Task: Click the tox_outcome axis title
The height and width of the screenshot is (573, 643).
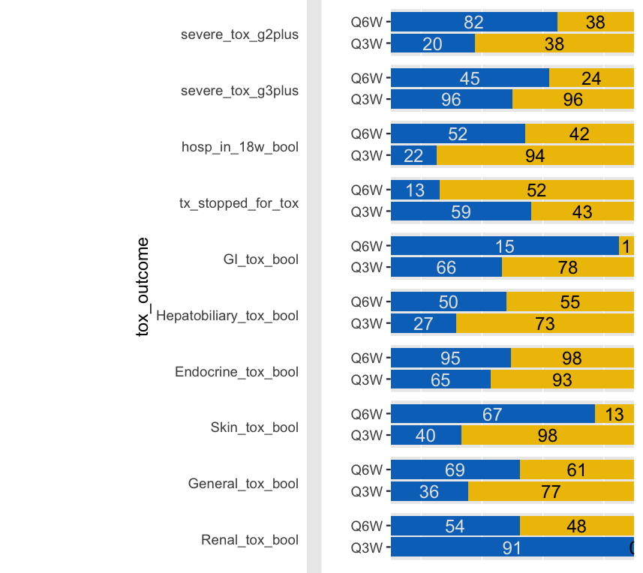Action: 143,286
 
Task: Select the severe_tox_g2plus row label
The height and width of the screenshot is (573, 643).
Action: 239,34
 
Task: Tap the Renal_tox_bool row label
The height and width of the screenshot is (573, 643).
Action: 250,540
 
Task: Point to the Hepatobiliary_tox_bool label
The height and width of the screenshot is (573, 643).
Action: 227,316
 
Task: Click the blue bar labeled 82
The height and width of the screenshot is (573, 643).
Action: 473,22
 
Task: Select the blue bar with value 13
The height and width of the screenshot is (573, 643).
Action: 415,190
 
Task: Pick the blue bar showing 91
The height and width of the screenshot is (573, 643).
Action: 511,548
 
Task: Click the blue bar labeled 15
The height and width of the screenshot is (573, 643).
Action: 504,246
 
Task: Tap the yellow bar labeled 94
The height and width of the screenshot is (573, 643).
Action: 535,156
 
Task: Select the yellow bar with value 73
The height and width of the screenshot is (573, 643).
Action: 545,324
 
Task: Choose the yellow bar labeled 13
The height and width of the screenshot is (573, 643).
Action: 614,415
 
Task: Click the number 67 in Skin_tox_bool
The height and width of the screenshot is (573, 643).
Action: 492,415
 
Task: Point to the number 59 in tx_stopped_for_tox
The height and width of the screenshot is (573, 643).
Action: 461,212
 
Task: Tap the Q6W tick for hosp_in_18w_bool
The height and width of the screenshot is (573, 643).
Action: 367,134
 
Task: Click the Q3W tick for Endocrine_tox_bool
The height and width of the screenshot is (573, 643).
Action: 367,380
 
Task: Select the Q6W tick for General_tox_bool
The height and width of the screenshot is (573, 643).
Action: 367,470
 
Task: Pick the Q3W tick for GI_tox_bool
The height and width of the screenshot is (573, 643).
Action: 367,268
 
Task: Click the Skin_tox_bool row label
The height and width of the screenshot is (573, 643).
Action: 254,427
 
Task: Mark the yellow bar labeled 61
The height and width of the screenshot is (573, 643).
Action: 576,470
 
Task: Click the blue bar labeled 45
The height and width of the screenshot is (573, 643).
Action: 470,78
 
